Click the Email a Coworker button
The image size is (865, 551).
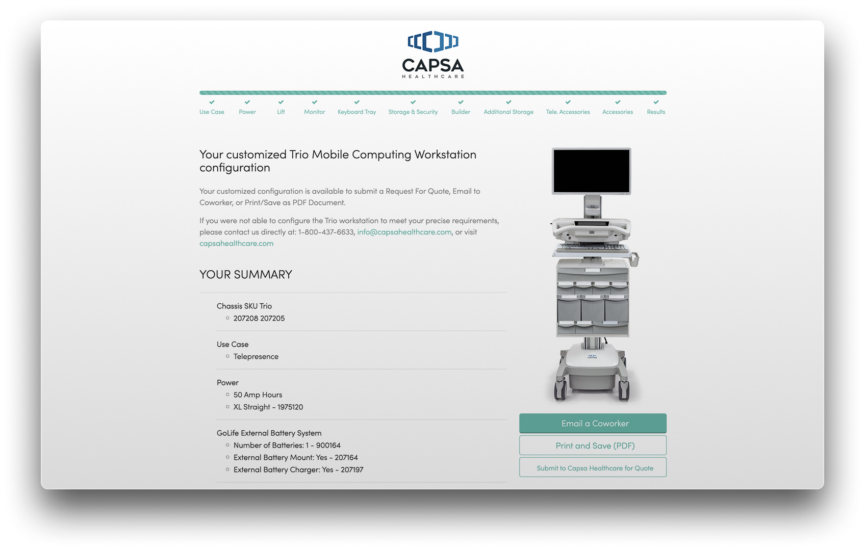click(592, 423)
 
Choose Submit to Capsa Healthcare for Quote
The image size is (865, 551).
click(592, 467)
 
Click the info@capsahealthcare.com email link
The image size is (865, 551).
click(404, 232)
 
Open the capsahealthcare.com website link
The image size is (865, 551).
click(236, 243)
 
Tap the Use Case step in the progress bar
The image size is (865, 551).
click(212, 112)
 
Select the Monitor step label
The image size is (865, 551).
click(314, 112)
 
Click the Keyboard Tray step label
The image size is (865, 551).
click(357, 112)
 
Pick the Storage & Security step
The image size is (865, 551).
click(413, 112)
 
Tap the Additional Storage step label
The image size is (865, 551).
click(508, 112)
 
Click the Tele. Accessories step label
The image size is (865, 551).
click(568, 112)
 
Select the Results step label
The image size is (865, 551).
click(656, 112)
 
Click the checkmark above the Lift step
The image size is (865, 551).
click(281, 102)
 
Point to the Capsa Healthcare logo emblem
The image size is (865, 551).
click(433, 41)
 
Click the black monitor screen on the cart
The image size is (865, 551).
click(591, 171)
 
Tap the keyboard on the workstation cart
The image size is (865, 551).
click(592, 247)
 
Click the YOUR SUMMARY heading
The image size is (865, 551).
click(246, 274)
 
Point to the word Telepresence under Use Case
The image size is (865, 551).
click(256, 356)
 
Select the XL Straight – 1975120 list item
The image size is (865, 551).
click(268, 407)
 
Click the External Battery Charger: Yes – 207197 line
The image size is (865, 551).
click(298, 469)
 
